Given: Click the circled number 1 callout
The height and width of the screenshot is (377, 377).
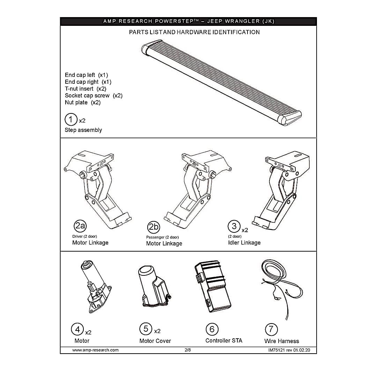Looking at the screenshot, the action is tap(71, 119).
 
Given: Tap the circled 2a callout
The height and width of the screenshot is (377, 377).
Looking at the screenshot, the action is tap(80, 226).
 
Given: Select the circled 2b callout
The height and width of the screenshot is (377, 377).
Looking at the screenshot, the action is tap(153, 227).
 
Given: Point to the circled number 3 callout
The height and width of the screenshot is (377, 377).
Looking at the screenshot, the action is tap(234, 226).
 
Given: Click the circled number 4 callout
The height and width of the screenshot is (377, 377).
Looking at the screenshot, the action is tap(77, 330).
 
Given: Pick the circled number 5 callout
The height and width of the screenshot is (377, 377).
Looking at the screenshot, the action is tap(146, 329).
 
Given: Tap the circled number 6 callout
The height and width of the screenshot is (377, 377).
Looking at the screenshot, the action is tap(212, 329).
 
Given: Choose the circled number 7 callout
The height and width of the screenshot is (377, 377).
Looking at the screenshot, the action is tap(271, 330).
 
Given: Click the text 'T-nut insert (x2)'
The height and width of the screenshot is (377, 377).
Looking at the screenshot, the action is tap(86, 89).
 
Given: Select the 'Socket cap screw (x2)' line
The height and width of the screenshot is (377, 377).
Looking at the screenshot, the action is tap(94, 95).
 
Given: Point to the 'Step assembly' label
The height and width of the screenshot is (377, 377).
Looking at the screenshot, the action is tap(83, 130).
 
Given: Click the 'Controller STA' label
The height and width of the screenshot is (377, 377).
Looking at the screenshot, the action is tap(224, 340).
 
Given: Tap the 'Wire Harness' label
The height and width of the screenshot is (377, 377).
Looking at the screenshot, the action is tap(282, 341).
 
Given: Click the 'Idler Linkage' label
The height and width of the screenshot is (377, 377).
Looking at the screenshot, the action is tap(244, 243).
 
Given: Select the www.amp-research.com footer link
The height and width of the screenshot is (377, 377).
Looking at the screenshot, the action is tap(95, 350).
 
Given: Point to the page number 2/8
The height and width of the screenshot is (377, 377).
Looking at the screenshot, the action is tap(188, 350).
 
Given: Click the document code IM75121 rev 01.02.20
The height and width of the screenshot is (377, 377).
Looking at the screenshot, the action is tap(289, 350).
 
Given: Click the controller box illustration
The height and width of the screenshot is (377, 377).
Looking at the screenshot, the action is tap(213, 286).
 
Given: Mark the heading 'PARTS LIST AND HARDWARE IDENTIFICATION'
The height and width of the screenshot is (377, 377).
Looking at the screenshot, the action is tap(194, 32).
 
